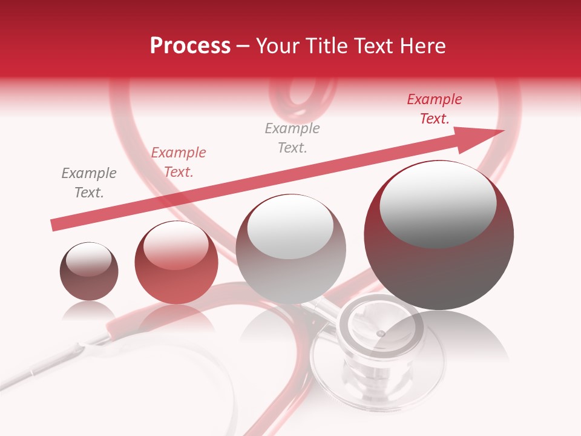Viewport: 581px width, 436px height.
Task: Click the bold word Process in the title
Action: pos(190,46)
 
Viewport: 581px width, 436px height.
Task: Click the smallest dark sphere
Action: pos(89,271)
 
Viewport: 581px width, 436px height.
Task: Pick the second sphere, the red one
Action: pos(176,263)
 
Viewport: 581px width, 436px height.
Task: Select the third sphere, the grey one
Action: pos(290,249)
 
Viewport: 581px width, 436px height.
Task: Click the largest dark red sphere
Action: pos(439,236)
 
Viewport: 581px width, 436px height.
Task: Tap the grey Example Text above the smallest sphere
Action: pos(89,183)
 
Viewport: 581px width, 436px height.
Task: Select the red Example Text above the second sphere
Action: pos(179,162)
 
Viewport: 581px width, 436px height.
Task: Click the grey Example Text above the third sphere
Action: pos(292,138)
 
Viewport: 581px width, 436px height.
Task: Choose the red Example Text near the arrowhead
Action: pos(435,109)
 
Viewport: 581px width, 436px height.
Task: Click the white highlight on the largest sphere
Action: pos(438,203)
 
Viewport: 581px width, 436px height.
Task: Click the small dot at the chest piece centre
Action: pos(380,334)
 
